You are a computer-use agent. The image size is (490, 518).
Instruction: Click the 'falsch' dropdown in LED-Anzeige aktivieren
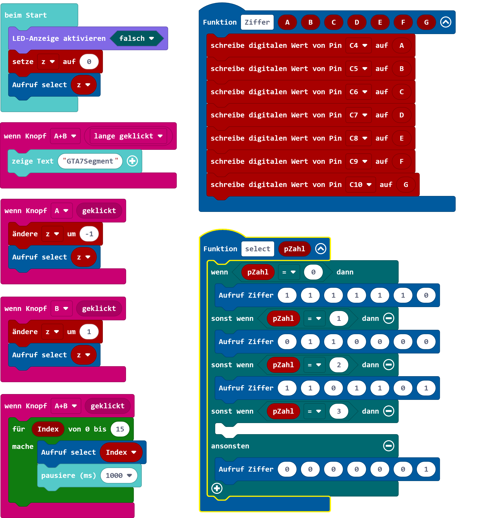coord(137,38)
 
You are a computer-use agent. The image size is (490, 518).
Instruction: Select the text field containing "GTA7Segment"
coord(90,161)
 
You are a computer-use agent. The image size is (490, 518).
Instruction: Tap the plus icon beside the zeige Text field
coord(133,161)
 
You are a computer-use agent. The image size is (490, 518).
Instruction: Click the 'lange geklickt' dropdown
coord(128,136)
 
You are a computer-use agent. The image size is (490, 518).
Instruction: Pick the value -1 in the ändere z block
coord(89,234)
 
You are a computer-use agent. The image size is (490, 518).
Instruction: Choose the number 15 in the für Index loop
coord(120,429)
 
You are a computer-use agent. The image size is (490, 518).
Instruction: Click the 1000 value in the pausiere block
coord(119,475)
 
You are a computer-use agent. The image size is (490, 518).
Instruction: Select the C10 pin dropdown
coord(360,185)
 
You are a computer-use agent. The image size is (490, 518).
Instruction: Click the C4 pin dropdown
coord(358,45)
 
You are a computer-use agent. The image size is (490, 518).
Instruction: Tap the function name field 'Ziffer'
coord(257,22)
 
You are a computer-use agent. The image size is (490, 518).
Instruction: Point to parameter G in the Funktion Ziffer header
coord(426,22)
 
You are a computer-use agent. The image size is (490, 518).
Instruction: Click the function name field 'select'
coord(258,249)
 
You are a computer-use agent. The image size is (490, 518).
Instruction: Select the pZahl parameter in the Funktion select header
coord(295,249)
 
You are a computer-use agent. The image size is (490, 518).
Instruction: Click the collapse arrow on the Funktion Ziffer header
coord(446,22)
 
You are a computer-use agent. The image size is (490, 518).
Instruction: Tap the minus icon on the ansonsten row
coord(389,446)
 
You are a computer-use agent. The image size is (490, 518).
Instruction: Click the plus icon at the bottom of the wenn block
coord(217,488)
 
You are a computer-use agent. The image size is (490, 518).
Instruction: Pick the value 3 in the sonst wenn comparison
coord(339,411)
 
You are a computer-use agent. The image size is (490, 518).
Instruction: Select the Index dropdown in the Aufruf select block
coord(121,452)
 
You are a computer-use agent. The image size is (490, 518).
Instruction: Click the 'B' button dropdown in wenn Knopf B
coord(61,309)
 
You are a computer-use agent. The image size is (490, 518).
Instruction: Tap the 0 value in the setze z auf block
coord(89,62)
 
